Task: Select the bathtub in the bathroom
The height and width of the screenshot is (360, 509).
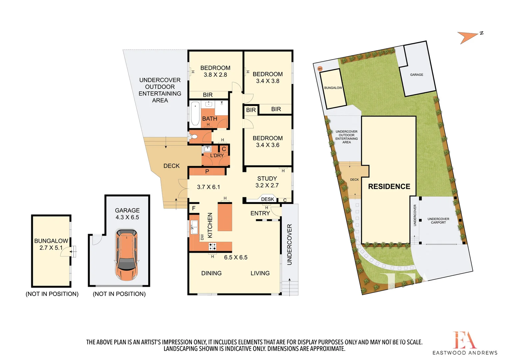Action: [x=195, y=113]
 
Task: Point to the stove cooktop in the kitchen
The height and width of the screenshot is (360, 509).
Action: [x=212, y=247]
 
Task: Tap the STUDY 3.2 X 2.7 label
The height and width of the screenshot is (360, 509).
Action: [x=267, y=182]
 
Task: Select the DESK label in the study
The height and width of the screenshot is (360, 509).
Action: [x=267, y=199]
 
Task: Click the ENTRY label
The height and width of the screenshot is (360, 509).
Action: [x=260, y=213]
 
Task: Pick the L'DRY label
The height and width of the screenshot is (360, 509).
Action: [x=217, y=155]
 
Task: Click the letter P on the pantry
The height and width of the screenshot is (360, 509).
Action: [x=207, y=171]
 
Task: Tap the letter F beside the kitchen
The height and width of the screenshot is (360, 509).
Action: [x=194, y=208]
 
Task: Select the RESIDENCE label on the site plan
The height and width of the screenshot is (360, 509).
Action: [x=389, y=187]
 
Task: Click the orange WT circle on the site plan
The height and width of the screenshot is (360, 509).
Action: [x=320, y=69]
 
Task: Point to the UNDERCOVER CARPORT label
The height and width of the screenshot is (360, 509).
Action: [x=438, y=221]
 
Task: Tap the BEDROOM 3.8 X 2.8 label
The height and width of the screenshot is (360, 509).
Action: [x=215, y=71]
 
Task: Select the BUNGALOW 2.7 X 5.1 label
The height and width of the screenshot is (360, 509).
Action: [x=51, y=244]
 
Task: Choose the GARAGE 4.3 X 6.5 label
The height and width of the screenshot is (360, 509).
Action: [x=127, y=214]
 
